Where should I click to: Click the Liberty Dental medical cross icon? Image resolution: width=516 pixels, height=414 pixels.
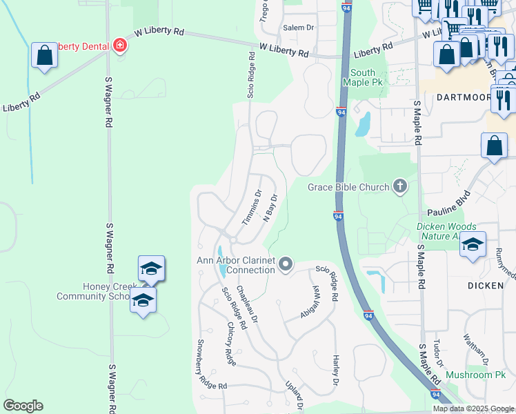(121, 46)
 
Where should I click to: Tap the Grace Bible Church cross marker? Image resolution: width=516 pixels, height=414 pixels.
(399, 186)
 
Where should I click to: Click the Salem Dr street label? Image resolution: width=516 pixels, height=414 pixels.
(299, 28)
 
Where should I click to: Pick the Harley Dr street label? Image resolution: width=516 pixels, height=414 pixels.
(335, 371)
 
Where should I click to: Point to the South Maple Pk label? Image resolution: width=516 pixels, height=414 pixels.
(363, 77)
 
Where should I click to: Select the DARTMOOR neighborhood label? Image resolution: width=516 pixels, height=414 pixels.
(462, 97)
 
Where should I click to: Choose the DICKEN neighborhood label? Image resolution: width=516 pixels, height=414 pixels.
(486, 285)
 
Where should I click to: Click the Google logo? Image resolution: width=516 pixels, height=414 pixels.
(23, 406)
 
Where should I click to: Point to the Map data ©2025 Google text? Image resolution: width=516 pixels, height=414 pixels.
(473, 408)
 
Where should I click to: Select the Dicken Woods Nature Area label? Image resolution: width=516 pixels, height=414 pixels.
(446, 231)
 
